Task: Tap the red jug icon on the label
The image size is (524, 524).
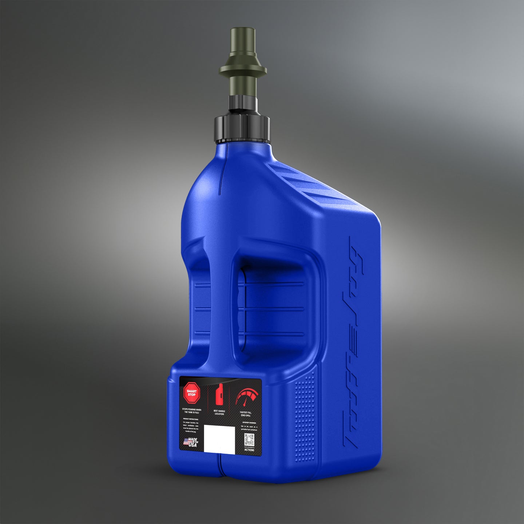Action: coord(219,396)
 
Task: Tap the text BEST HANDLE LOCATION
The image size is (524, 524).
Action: coord(219,412)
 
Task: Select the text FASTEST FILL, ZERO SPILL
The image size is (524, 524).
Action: coord(246,414)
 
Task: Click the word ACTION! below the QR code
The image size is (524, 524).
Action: coord(249,450)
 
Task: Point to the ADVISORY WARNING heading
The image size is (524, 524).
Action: coord(249,422)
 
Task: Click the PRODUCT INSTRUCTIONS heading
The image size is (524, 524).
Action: coord(191,419)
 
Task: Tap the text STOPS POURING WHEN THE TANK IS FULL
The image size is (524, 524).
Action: coord(191,411)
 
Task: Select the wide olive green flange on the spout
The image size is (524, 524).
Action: coord(243,69)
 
